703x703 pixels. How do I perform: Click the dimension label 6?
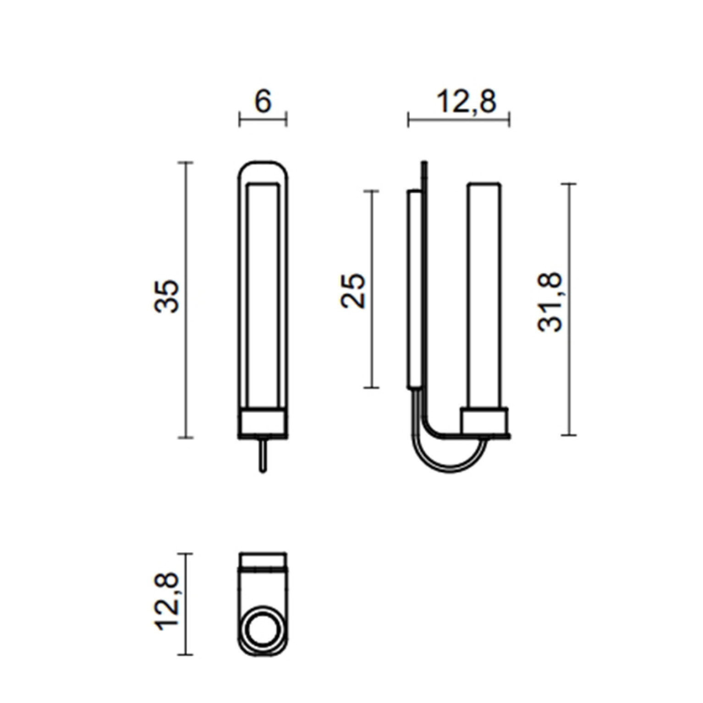(263, 102)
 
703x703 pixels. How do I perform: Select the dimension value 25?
(354, 291)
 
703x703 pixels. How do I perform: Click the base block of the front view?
(263, 422)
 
